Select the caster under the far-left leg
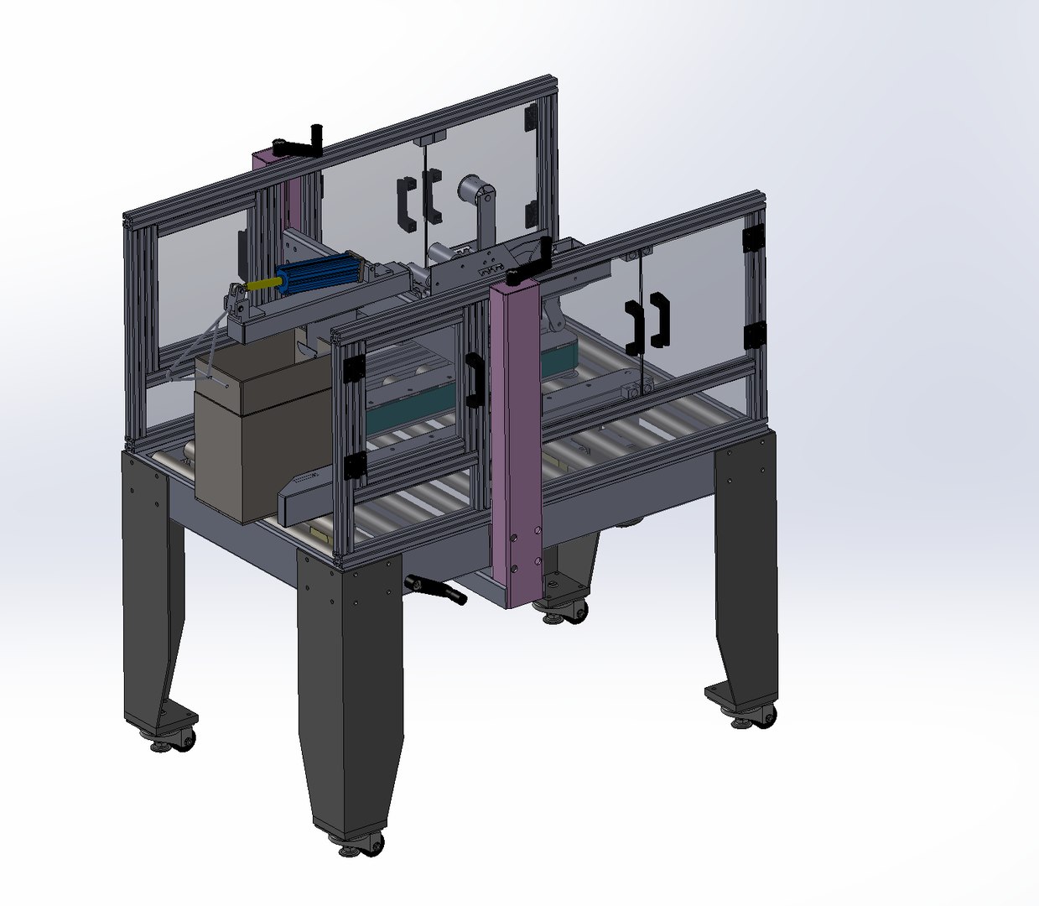(x=173, y=740)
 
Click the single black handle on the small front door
(x=475, y=380)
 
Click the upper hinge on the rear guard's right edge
(x=531, y=118)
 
